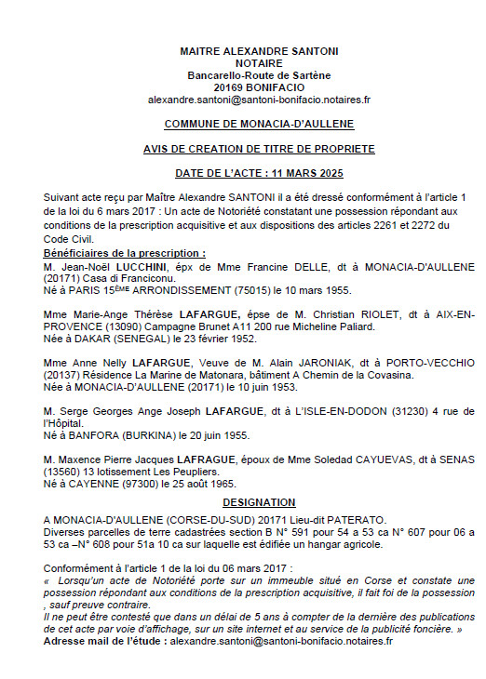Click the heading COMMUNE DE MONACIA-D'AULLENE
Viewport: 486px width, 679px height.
click(259, 124)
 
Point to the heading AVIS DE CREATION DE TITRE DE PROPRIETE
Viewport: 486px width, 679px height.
click(259, 149)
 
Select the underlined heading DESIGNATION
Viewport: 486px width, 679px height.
click(259, 501)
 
